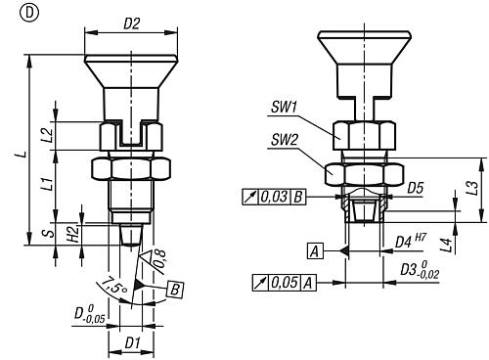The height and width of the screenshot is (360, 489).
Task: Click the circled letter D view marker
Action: tap(29, 13)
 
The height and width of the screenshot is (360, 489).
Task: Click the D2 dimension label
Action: tap(131, 23)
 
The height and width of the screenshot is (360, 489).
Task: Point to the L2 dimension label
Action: tap(48, 135)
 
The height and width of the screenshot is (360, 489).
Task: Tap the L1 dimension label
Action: tap(48, 183)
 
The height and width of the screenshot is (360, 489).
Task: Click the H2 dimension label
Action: tap(73, 234)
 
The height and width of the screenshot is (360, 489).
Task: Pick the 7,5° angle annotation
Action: tap(113, 286)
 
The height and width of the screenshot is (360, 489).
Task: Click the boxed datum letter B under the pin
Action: tap(175, 290)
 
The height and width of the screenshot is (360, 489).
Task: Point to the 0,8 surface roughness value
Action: tap(159, 259)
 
